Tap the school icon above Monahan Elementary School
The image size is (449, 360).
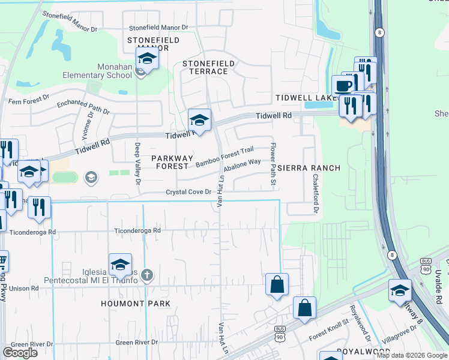pos(146,59)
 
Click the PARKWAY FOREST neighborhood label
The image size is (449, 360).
pos(172,162)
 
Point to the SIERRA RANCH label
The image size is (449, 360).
pos(309,168)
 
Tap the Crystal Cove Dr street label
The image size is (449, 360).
pos(189,192)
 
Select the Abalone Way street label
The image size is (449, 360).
pos(242,165)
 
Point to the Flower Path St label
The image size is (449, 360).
pos(273,163)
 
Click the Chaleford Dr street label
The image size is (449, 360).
pos(315,194)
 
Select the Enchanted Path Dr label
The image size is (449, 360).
pos(83,107)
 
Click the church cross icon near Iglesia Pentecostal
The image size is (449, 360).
pos(148,275)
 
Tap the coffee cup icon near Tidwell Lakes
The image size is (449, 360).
pos(343,86)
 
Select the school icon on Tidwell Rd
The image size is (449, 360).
pos(199,120)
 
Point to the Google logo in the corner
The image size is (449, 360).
pos(20,353)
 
